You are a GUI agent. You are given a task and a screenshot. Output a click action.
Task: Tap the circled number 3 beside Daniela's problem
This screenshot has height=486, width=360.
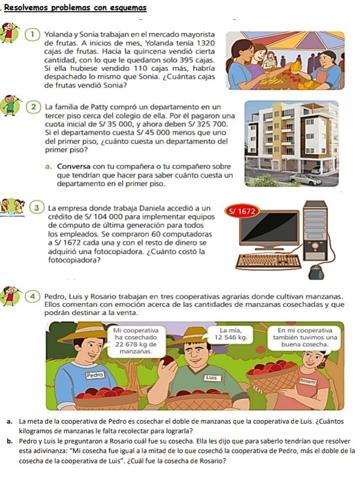point(37,208)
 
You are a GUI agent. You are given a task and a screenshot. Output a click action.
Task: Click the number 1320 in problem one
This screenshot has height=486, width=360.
point(206,43)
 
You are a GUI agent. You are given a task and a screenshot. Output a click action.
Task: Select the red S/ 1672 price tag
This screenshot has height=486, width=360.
point(242,212)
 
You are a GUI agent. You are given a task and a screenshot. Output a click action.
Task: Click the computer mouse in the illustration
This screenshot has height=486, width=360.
point(316,273)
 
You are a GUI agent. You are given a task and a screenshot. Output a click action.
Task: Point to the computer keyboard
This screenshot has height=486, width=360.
point(268,261)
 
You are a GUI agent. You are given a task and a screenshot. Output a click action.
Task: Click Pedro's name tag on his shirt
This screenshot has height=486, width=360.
point(95,375)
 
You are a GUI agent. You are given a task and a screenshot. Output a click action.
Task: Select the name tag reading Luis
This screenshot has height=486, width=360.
point(212,378)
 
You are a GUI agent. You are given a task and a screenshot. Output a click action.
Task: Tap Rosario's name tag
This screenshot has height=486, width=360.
point(307,381)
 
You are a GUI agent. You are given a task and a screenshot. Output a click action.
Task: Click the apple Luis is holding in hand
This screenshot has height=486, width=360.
point(168,361)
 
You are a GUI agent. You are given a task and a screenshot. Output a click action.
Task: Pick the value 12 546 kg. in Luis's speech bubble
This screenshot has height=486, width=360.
point(231,337)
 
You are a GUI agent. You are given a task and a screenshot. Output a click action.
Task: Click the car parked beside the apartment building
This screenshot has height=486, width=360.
point(305,179)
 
